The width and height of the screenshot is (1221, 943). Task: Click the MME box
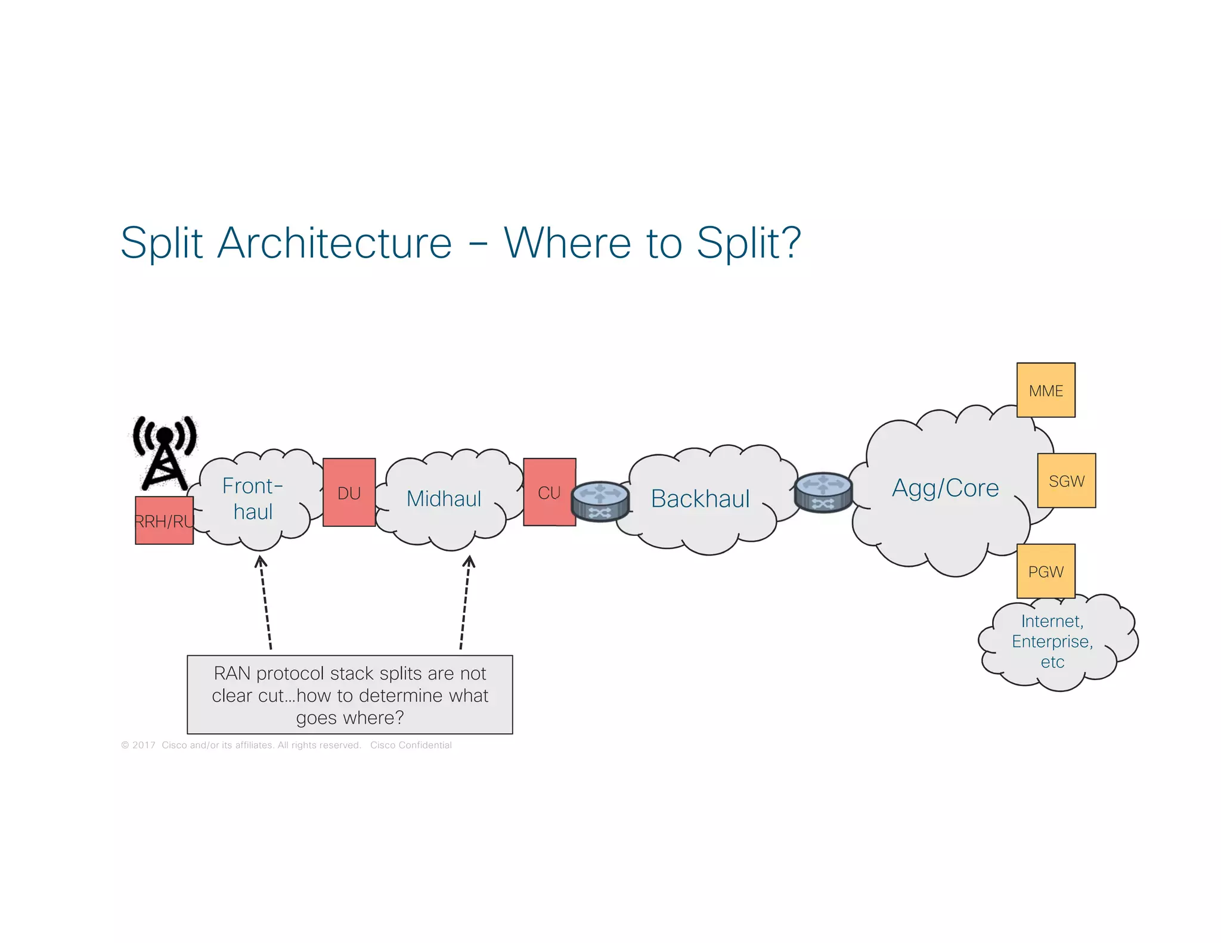coord(1046,390)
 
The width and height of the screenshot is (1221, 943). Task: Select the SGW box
coord(1066,480)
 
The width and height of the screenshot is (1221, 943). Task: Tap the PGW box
coord(1046,571)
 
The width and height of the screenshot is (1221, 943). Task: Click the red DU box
coord(349,492)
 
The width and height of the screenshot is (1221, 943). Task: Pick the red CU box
coord(549,492)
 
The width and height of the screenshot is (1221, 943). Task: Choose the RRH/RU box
coord(164,520)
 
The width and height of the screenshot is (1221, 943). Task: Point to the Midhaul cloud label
coord(444,499)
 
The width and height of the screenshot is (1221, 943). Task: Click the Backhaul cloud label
coord(700,499)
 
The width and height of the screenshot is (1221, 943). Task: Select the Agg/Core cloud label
coord(945,488)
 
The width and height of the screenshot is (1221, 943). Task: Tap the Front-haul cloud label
coord(253,499)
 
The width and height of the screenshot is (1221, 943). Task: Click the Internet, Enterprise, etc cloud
coord(1053,642)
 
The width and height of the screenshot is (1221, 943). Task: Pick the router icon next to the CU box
coord(600,501)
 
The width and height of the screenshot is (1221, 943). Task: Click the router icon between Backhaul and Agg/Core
coord(823,492)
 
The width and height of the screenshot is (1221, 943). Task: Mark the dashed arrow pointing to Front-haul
coord(265,602)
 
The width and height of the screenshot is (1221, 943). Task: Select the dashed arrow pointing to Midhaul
coord(465,602)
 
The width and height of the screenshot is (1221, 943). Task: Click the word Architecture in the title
coord(334,243)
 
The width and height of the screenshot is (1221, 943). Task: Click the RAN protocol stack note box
coord(350,695)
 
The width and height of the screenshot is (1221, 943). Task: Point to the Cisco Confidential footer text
coord(411,745)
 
